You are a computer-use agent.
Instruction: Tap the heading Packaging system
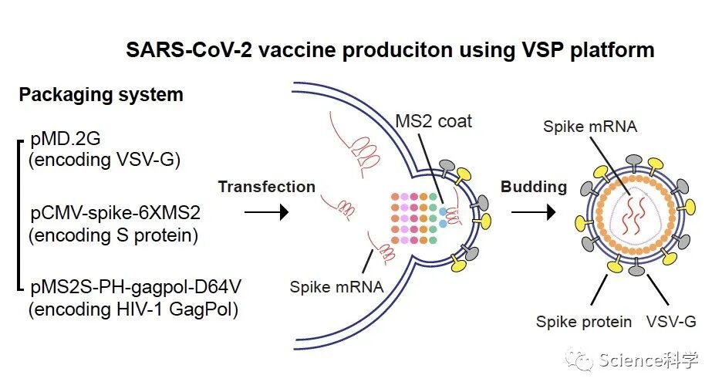(101, 95)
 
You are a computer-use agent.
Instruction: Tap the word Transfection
(266, 187)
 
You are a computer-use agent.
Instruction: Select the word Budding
(533, 187)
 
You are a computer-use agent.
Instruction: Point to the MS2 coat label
(434, 122)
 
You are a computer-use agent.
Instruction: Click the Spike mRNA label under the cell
(336, 287)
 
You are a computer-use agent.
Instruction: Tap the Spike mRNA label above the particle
(589, 127)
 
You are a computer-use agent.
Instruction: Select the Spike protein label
(584, 322)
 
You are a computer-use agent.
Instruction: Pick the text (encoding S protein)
(113, 235)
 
